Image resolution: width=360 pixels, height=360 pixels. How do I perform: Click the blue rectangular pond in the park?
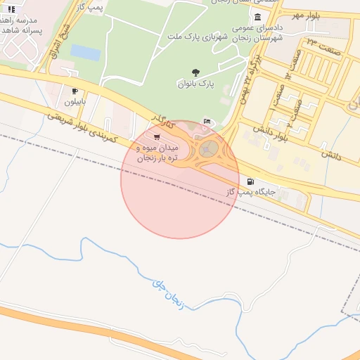(x=85, y=52)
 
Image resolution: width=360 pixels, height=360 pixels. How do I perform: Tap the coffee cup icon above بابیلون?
(x=74, y=91)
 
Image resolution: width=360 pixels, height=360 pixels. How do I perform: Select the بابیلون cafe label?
(x=74, y=102)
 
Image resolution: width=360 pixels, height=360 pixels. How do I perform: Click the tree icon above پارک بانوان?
(x=195, y=72)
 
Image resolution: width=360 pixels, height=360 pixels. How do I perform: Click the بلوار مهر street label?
(x=307, y=15)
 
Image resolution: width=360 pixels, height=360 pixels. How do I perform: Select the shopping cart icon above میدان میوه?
(x=155, y=136)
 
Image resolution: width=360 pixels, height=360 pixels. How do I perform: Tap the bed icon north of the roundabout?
(x=206, y=121)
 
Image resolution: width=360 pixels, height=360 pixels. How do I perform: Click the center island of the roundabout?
(x=210, y=148)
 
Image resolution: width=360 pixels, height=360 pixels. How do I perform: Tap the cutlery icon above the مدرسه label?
(x=11, y=9)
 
